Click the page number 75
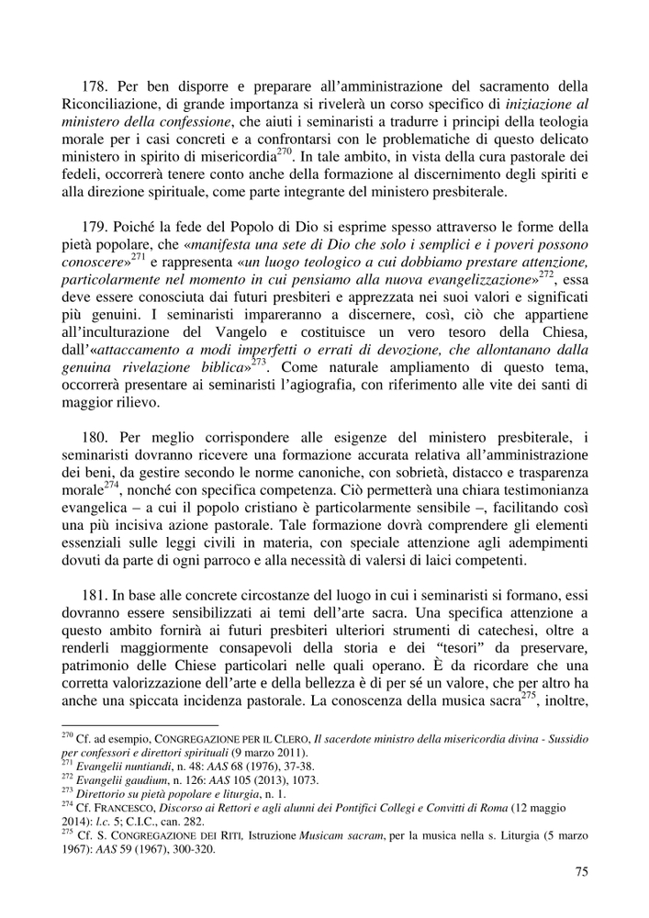point(582,872)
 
